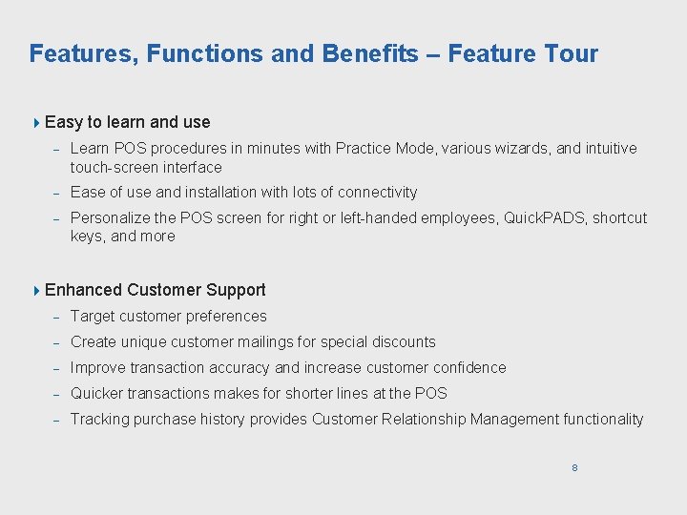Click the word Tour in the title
point(571,53)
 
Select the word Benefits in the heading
point(369,53)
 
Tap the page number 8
point(574,467)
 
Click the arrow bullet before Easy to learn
point(36,122)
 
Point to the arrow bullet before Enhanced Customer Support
point(36,290)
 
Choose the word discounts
point(401,342)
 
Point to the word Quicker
point(98,394)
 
